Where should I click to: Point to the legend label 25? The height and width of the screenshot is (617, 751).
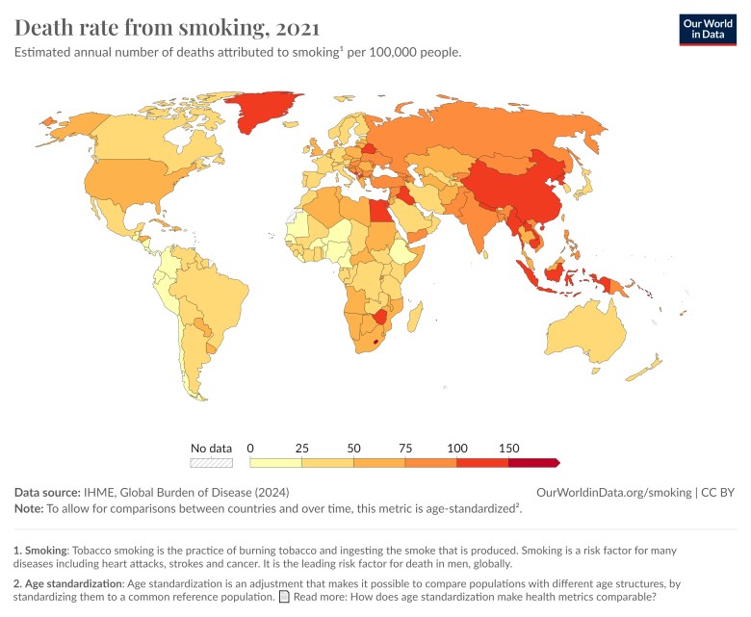pos(301,448)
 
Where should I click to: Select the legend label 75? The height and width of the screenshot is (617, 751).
pos(405,448)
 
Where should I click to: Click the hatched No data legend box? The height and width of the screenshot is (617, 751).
pos(211,463)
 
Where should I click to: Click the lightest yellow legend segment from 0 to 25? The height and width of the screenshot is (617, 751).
pos(275,463)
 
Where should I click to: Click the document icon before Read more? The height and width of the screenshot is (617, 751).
pos(283,597)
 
